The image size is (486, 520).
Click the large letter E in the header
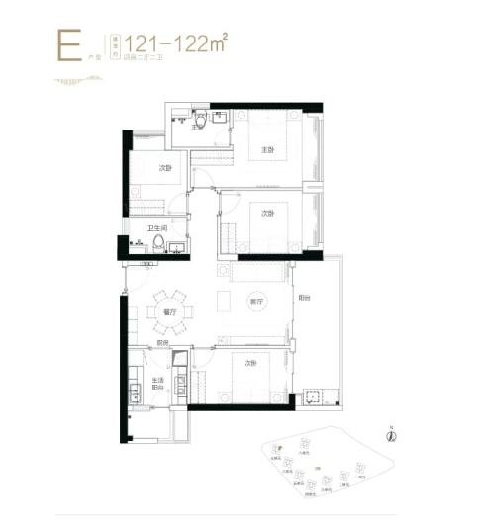pyautogui.click(x=67, y=45)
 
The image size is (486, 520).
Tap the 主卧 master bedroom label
pyautogui.click(x=266, y=150)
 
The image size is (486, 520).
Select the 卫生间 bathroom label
pyautogui.click(x=156, y=229)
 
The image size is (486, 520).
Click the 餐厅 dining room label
pyautogui.click(x=168, y=312)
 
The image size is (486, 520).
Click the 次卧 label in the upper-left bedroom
pyautogui.click(x=166, y=169)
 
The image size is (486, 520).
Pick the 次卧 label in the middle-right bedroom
pyautogui.click(x=266, y=212)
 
